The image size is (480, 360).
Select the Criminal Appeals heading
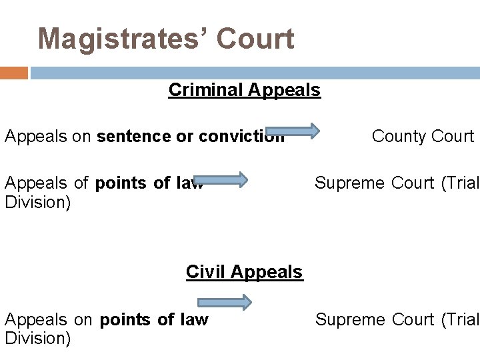coord(244,89)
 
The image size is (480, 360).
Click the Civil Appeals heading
coord(244,272)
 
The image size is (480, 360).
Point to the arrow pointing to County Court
coord(293,131)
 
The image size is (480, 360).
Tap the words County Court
coord(423,136)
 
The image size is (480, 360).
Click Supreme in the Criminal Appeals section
coord(340,183)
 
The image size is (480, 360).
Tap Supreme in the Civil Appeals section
coord(341,320)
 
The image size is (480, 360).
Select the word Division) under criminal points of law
coord(37,201)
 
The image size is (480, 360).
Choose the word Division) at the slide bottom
coord(37,338)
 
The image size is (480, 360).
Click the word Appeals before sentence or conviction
coord(36,137)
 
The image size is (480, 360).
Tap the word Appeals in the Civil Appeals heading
coord(273,272)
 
